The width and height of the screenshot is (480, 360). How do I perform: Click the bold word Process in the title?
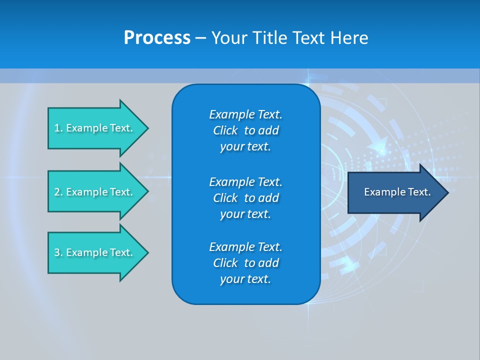pos(157,38)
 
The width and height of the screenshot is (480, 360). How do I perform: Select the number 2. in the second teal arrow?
pos(58,192)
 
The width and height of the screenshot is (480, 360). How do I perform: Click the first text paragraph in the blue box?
pos(245,130)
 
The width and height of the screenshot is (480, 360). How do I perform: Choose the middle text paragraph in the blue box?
pos(245,198)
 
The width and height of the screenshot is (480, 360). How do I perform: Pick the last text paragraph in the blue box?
pos(245,263)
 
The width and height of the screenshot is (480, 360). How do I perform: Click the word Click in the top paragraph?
pos(225,130)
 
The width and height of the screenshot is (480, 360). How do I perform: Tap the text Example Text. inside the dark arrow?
pos(397,192)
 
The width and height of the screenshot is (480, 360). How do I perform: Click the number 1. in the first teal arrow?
pos(58,128)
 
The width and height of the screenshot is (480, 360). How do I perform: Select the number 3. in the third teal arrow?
pos(58,252)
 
